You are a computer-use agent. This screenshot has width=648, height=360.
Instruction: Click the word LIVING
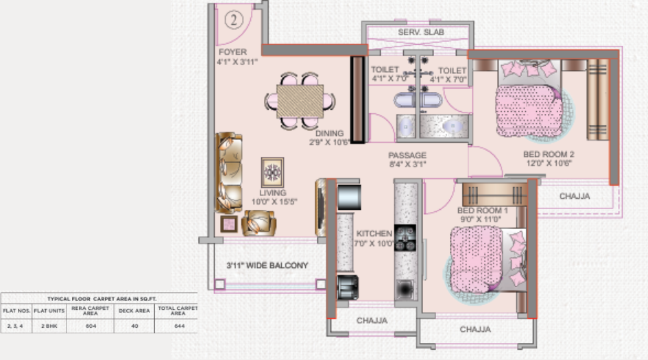(x=272, y=193)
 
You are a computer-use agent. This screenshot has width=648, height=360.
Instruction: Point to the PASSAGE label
(x=407, y=155)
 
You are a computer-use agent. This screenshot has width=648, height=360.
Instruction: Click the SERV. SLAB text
(x=418, y=33)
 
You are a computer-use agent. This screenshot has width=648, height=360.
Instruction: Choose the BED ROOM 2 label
(x=547, y=154)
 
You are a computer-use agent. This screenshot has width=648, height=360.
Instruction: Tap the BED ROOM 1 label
(x=482, y=210)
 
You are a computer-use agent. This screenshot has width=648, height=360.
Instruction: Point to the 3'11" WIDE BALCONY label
(x=267, y=265)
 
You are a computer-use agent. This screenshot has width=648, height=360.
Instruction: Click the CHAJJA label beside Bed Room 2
(x=575, y=196)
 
